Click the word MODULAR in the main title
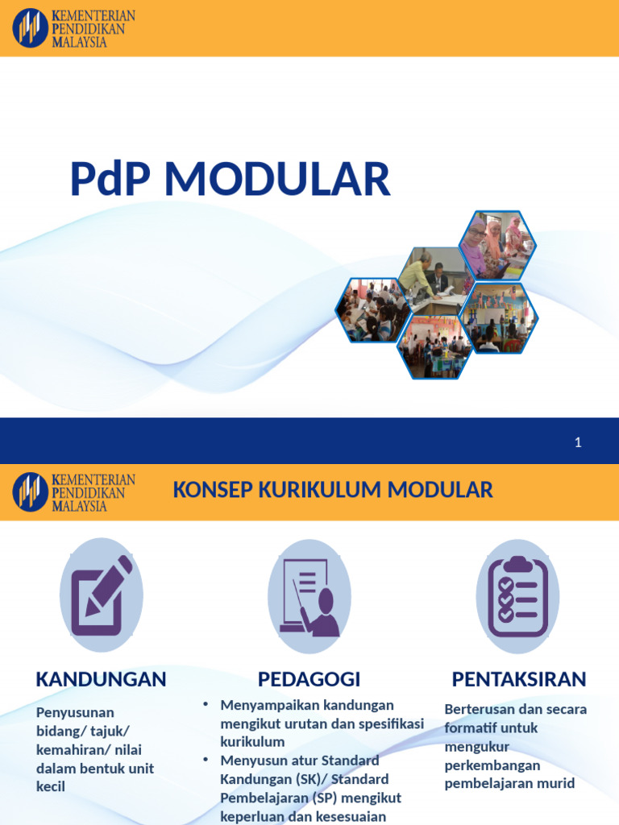278,179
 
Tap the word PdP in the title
112,179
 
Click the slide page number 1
578,442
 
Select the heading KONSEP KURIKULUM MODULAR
333,489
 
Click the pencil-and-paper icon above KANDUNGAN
102,595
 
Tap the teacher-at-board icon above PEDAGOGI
309,595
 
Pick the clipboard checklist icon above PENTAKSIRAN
517,596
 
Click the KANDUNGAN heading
101,679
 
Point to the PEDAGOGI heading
309,679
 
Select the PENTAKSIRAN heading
519,679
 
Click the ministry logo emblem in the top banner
30,28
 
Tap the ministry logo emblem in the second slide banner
30,491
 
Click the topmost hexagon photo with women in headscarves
497,245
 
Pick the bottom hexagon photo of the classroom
435,347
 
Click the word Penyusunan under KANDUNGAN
75,712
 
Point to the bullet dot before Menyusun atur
206,760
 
